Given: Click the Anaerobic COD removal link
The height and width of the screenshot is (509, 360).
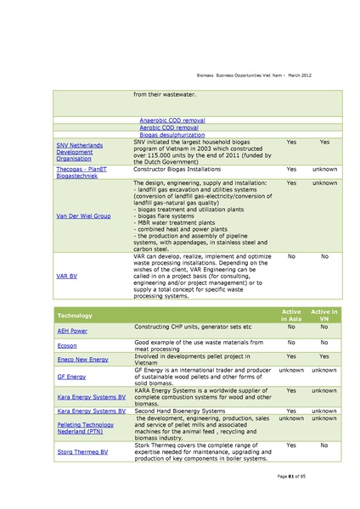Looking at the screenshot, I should point(172,120).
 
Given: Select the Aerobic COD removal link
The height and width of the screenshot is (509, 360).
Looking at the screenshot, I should point(169,127).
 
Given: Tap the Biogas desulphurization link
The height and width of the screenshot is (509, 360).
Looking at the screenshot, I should point(172,135).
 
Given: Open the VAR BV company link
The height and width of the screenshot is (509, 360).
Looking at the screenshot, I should point(69,277).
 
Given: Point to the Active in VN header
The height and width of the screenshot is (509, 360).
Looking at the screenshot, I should point(323,316).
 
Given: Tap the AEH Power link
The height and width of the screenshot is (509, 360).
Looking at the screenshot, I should point(72,330).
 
